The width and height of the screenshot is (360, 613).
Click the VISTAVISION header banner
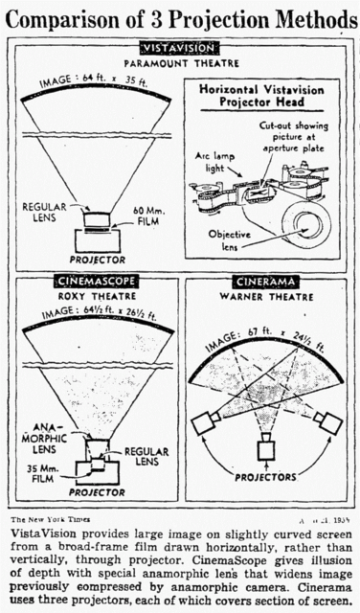point(179,47)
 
